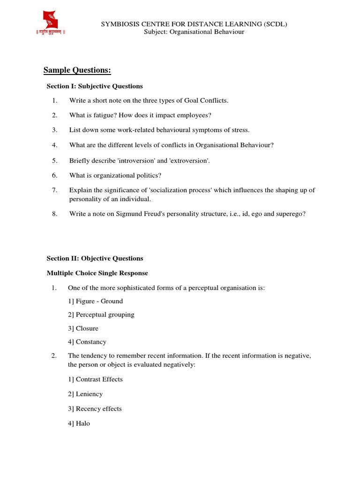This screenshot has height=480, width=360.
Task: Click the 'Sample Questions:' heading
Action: pyautogui.click(x=77, y=70)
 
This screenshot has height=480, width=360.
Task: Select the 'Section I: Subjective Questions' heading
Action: pyautogui.click(x=95, y=86)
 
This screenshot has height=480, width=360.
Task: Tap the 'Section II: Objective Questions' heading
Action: pyautogui.click(x=95, y=258)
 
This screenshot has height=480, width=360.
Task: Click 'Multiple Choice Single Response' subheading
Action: pyautogui.click(x=97, y=273)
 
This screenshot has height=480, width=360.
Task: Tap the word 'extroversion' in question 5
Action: pyautogui.click(x=189, y=160)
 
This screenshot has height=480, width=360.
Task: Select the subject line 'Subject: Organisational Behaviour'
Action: pyautogui.click(x=194, y=32)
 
